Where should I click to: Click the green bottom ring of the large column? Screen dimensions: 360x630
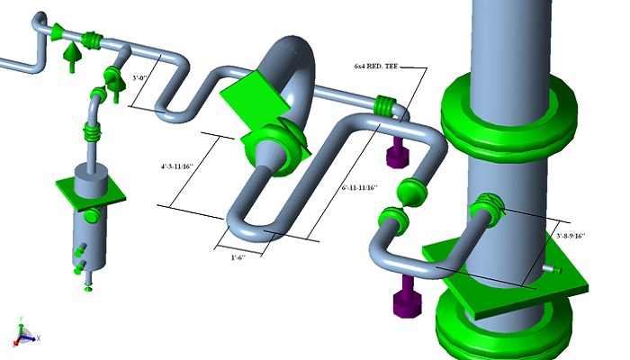point(504,328)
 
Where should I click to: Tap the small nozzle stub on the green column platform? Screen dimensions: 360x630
point(551,267)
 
